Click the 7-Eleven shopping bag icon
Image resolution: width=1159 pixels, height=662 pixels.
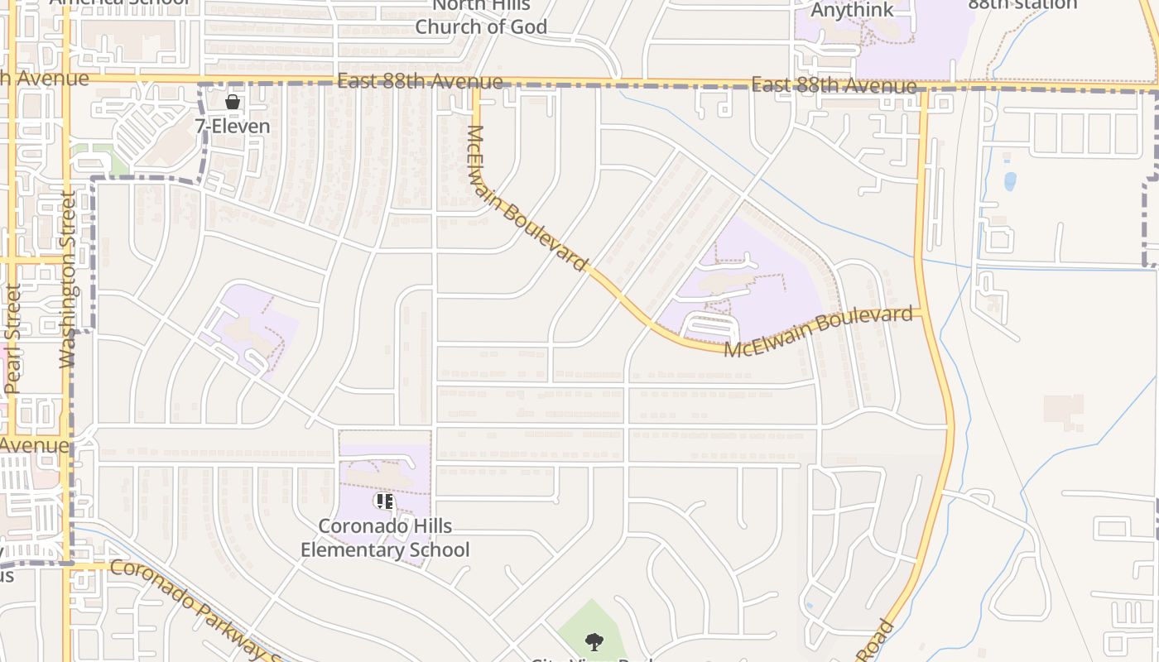(233, 102)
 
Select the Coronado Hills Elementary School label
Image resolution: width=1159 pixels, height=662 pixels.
(385, 538)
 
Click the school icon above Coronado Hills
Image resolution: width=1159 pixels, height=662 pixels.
(384, 501)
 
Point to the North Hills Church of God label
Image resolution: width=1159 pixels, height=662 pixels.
(481, 17)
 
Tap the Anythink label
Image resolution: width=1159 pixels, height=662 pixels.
(852, 10)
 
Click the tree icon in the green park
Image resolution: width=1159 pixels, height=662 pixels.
(593, 641)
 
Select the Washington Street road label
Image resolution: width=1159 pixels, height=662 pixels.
(68, 280)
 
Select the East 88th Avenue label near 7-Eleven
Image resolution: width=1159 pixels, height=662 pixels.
(420, 81)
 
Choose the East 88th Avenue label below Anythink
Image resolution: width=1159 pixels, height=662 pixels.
(834, 85)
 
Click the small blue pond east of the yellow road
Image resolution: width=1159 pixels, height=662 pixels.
(1010, 181)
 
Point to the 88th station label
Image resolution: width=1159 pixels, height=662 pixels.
(1022, 4)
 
